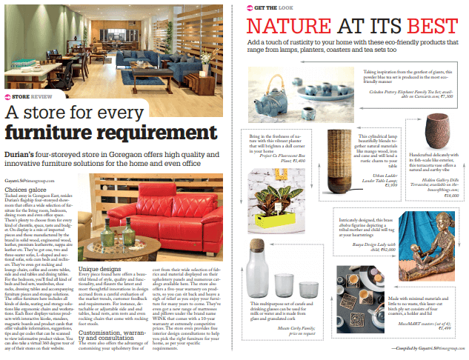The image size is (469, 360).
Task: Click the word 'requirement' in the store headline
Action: pyautogui.click(x=133, y=133)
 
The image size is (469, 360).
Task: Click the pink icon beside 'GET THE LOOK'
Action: pyautogui.click(x=250, y=8)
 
